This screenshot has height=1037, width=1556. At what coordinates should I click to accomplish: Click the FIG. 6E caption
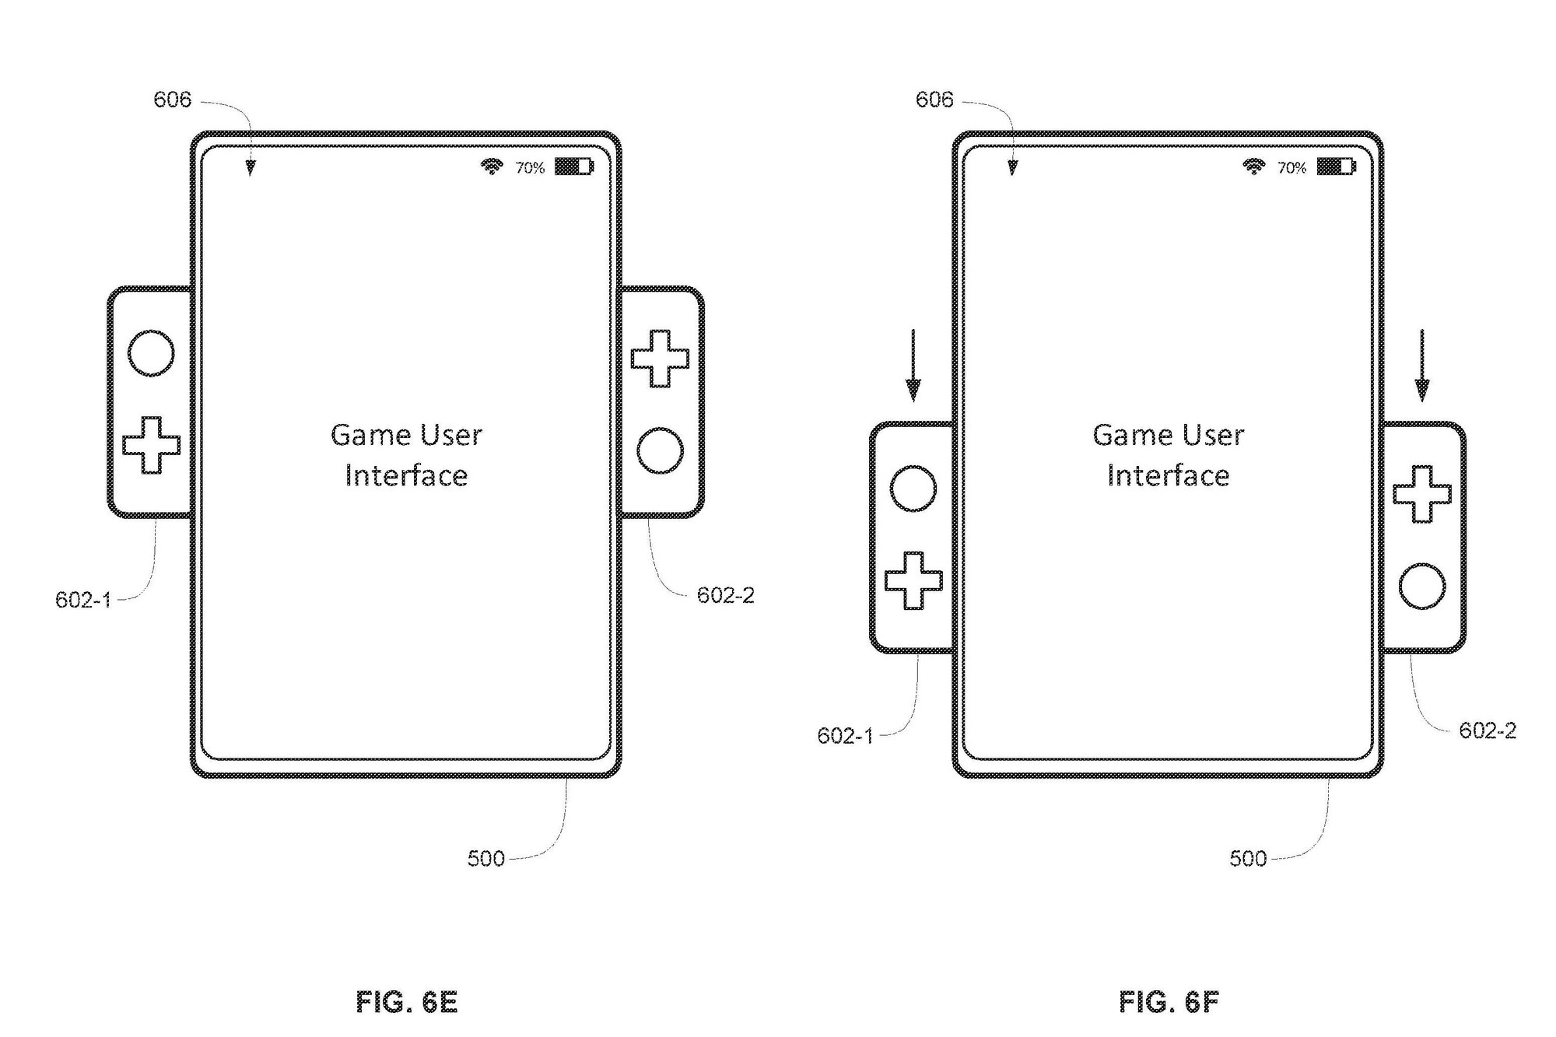click(406, 1002)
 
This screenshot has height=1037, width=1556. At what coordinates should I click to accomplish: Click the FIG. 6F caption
click(1169, 1002)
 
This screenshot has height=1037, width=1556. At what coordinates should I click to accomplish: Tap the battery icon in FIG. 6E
click(573, 166)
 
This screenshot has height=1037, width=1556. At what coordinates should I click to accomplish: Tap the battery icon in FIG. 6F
click(1336, 166)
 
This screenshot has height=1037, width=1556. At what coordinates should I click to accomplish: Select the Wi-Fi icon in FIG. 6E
click(491, 166)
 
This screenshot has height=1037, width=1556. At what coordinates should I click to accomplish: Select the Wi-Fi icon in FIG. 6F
click(1253, 166)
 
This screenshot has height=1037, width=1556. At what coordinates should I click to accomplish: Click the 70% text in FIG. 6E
click(530, 167)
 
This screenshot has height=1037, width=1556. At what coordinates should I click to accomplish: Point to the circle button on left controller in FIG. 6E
click(151, 353)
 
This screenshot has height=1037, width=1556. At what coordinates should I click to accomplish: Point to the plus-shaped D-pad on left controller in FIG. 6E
click(151, 445)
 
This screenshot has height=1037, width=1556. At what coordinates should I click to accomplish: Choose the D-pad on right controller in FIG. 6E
click(660, 359)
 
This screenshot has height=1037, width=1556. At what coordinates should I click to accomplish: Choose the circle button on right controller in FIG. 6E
click(660, 450)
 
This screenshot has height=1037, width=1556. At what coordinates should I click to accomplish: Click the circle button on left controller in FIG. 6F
click(913, 489)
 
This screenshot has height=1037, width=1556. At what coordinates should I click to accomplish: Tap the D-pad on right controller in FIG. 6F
click(1422, 494)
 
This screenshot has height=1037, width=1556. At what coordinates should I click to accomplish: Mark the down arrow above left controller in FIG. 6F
click(913, 366)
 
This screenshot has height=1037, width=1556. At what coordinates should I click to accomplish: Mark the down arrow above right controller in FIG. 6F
click(1422, 366)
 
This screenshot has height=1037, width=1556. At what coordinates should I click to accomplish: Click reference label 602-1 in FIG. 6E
click(83, 600)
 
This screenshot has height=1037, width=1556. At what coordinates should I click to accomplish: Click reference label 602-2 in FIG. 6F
click(1488, 730)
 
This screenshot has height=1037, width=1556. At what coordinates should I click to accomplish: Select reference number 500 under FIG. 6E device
click(486, 858)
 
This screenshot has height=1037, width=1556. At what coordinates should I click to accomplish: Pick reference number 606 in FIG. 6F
click(934, 100)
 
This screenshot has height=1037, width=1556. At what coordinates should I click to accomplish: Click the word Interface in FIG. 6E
click(406, 475)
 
